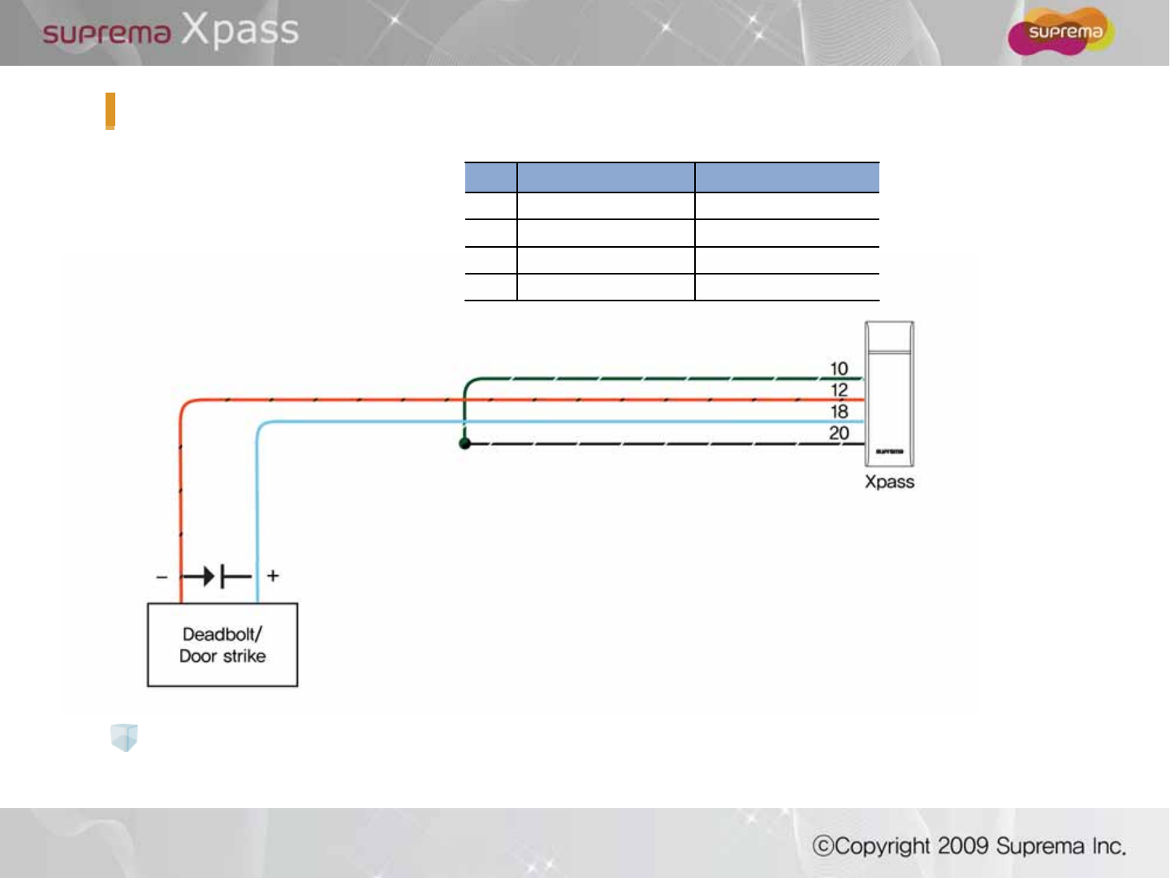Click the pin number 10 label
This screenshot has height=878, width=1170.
coord(839,369)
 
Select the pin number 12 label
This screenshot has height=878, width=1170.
coord(839,390)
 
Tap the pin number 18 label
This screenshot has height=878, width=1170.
coord(839,412)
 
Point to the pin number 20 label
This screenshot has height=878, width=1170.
coord(839,433)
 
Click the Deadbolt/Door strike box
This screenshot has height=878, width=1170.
coord(222,645)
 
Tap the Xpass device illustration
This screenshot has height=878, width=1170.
coord(889,394)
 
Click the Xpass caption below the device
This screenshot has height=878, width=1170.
coord(889,482)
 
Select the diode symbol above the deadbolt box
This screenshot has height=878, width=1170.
coord(216,577)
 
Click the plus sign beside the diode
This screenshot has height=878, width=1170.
coord(273,576)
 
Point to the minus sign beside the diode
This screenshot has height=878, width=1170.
coord(162,577)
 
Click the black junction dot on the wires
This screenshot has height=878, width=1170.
coord(464,443)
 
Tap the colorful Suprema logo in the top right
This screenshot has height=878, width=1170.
coord(1060,32)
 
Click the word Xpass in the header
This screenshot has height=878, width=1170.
coord(240,30)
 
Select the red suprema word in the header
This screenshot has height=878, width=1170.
coord(106,33)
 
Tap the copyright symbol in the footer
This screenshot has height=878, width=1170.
coord(823,846)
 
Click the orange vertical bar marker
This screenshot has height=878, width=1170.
coord(110,111)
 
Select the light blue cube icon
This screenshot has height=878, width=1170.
coord(124,737)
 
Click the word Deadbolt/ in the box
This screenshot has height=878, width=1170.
coord(222,634)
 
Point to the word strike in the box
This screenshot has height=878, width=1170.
coord(244,655)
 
